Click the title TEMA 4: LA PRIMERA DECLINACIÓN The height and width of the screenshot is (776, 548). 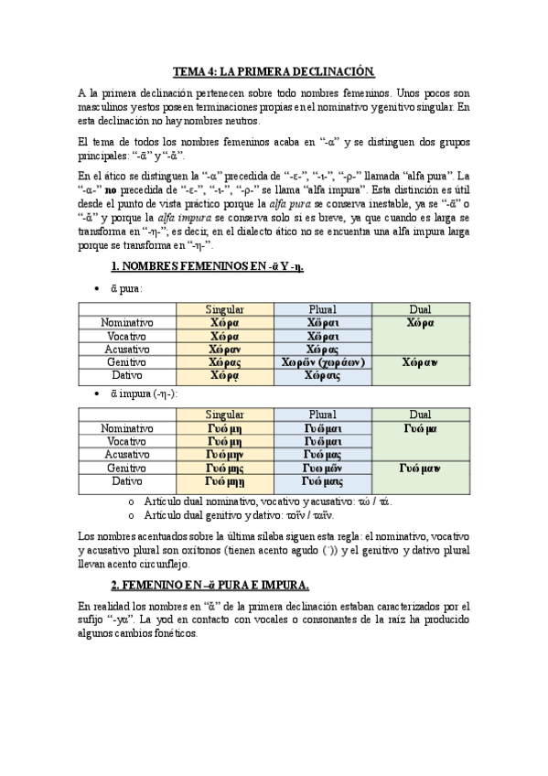click(x=274, y=70)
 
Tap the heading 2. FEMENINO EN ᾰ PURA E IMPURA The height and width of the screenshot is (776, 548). click(x=210, y=585)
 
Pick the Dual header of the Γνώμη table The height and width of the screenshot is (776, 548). click(x=420, y=415)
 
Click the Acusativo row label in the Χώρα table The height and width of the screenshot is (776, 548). click(x=127, y=350)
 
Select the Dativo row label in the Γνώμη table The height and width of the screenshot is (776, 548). click(x=127, y=480)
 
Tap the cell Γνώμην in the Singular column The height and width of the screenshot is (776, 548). click(x=225, y=454)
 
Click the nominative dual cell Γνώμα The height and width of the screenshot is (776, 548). click(x=420, y=427)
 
